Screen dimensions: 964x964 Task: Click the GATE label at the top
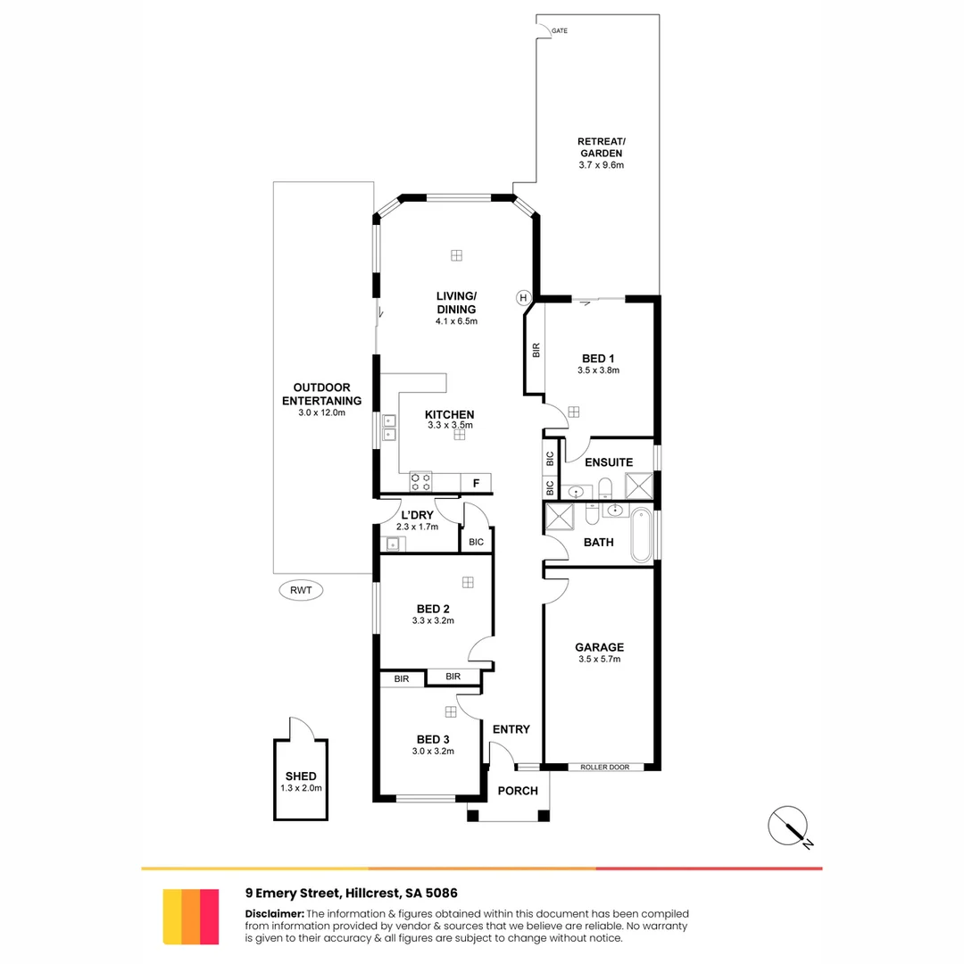[560, 31]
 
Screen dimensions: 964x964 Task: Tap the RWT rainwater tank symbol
[302, 590]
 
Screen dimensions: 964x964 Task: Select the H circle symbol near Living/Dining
[523, 297]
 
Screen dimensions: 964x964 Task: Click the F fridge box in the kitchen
[477, 484]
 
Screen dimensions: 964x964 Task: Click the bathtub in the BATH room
[641, 536]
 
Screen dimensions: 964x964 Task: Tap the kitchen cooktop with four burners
[420, 482]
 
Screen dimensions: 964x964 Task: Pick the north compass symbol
[789, 826]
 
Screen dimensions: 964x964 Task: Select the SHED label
[301, 777]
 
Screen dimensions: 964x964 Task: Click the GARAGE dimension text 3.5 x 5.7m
[598, 660]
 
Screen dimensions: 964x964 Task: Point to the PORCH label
[518, 791]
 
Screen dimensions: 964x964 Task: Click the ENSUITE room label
[609, 462]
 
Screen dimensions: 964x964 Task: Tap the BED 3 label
[433, 739]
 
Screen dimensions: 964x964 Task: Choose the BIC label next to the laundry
[476, 542]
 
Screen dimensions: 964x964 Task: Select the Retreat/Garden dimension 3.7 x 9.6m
[601, 166]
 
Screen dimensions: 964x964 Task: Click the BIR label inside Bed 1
[536, 351]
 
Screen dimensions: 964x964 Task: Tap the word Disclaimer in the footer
[274, 914]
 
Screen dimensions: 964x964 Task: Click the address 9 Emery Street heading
[352, 893]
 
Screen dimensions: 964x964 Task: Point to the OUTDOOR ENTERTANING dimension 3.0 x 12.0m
[321, 412]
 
